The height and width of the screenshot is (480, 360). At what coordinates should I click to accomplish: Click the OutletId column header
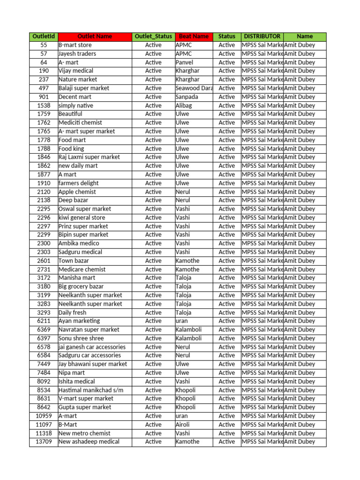[44, 37]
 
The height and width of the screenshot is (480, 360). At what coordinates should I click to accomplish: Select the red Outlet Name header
[95, 37]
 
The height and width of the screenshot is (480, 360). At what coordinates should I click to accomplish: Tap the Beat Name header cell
[194, 37]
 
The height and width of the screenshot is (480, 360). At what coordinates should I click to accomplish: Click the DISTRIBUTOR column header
[262, 37]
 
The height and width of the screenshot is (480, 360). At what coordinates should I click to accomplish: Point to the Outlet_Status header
[153, 37]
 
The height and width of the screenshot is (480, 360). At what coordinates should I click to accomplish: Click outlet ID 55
[44, 45]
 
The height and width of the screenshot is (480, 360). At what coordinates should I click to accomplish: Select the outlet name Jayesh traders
[77, 54]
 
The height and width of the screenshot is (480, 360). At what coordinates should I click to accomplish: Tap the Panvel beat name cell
[184, 62]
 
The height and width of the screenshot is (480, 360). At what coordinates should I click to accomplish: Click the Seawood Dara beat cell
[194, 88]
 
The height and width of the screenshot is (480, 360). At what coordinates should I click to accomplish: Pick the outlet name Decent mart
[75, 97]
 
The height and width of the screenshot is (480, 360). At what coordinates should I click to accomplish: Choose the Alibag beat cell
[184, 105]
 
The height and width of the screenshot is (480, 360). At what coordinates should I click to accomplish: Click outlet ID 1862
[44, 166]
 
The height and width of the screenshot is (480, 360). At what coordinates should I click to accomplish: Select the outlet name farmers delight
[79, 183]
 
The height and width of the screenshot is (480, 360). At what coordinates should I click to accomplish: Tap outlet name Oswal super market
[85, 209]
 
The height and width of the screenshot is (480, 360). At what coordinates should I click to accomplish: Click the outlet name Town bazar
[74, 261]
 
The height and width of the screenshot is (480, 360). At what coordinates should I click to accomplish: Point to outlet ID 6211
[44, 321]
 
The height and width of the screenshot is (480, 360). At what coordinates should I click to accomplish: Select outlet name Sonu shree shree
[81, 338]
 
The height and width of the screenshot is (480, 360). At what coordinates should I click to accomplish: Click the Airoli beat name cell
[183, 425]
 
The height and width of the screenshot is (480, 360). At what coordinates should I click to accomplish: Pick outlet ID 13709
[44, 442]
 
